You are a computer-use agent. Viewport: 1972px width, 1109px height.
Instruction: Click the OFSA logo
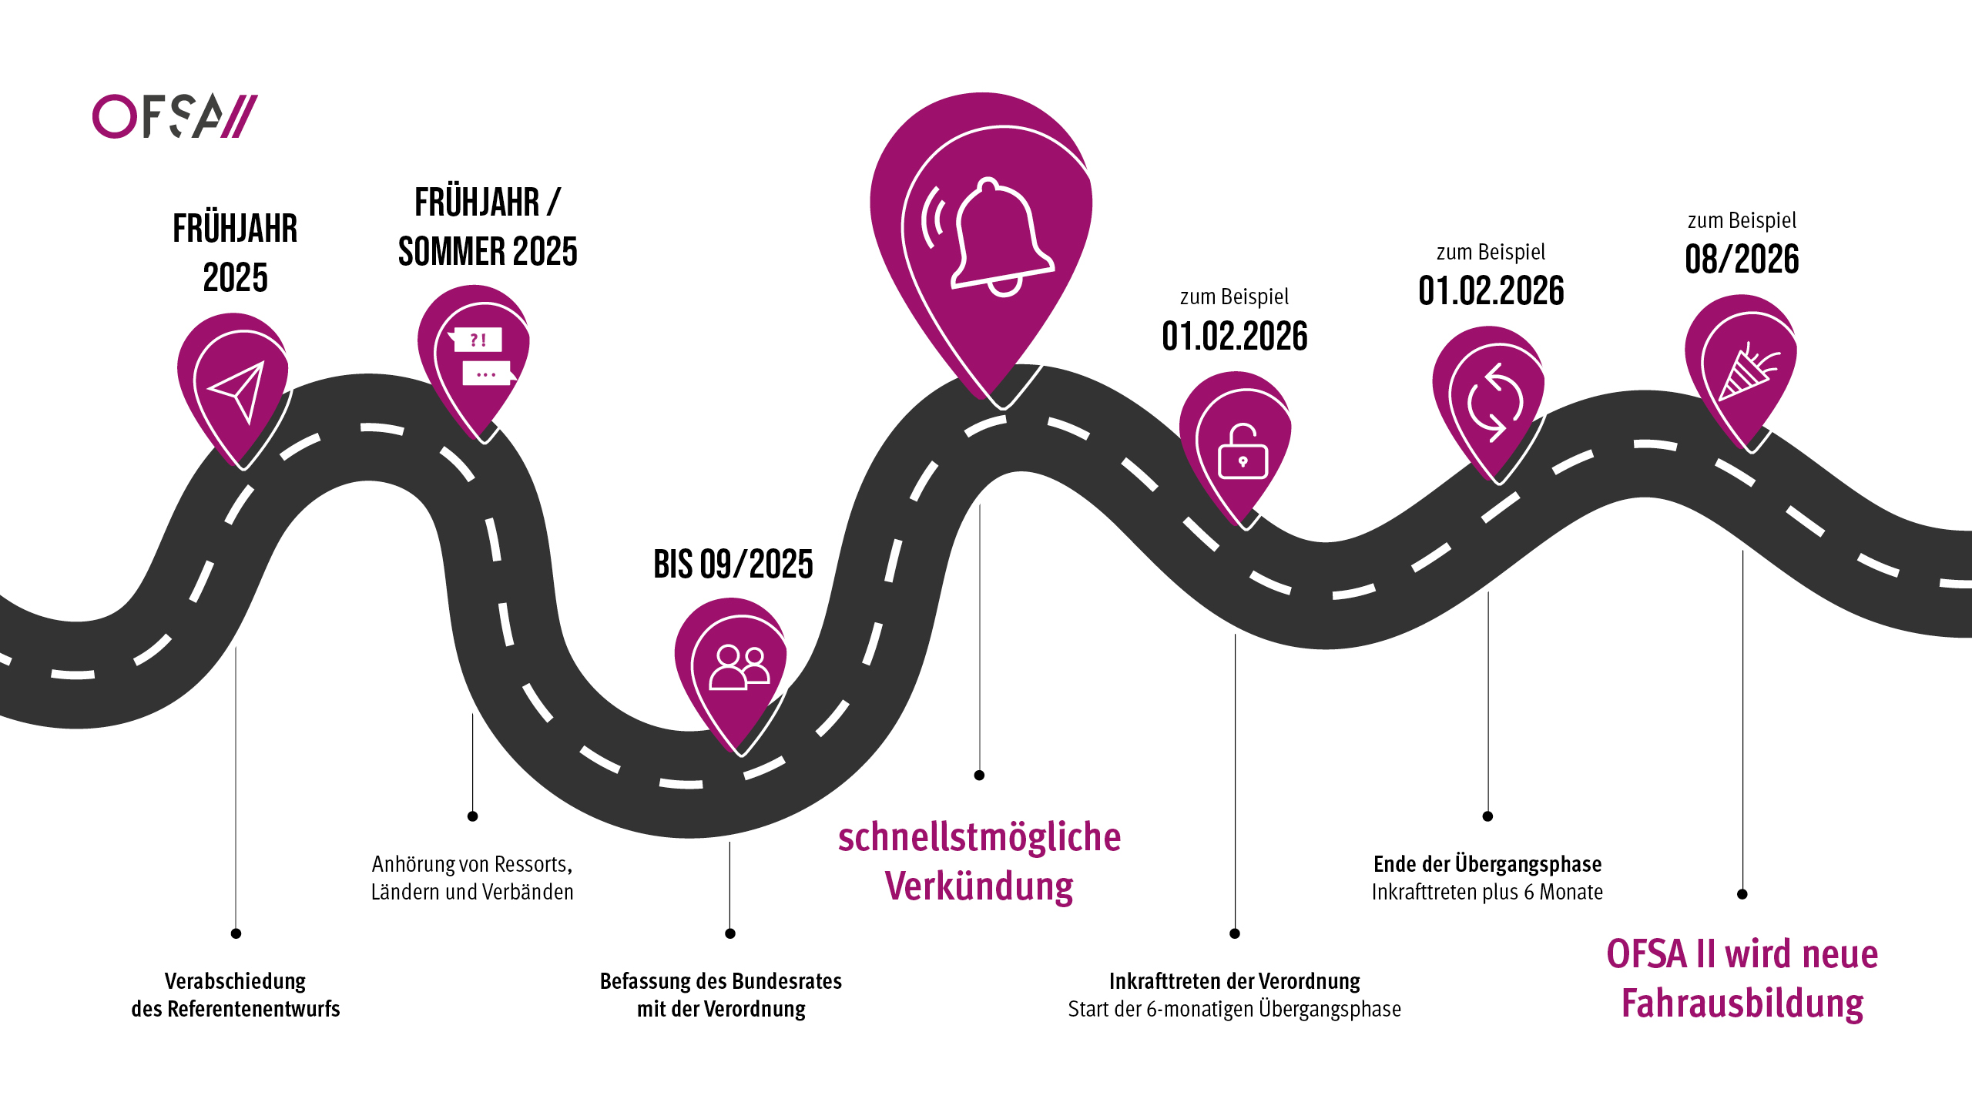click(175, 116)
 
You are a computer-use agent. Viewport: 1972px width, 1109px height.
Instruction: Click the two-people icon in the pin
click(739, 666)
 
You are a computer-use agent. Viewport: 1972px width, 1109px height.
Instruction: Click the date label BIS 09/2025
click(733, 565)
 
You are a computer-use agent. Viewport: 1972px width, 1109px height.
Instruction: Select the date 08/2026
click(1742, 259)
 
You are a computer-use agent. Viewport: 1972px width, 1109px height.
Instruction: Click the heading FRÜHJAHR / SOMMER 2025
click(488, 227)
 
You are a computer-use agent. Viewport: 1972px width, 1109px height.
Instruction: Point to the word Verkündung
click(979, 886)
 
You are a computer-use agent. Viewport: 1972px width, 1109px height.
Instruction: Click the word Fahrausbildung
click(1742, 1003)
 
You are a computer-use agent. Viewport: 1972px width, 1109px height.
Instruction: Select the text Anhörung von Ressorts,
click(472, 864)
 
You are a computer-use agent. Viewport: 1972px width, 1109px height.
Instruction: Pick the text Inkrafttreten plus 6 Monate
click(1487, 892)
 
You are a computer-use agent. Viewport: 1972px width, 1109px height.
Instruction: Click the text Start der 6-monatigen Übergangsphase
click(1235, 1009)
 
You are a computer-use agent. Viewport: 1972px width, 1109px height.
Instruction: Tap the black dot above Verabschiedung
click(236, 933)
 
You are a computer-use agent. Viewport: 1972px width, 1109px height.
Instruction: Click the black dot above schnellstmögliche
click(979, 776)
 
